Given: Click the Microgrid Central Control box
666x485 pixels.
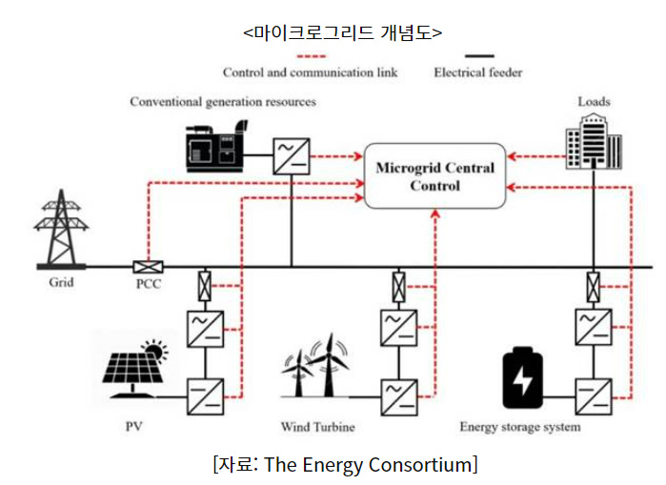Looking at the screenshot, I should pos(435,177).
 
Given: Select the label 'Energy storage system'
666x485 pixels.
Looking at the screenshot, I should pos(519,427).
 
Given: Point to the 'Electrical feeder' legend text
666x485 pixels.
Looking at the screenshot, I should pos(477,71).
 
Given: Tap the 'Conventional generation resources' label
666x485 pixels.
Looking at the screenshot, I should pos(223,101).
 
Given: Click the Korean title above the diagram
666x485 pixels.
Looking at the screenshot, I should pos(333,31).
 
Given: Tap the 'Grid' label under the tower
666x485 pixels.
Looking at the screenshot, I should pos(61,283).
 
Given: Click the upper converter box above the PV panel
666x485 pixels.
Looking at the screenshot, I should pos(206,327).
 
